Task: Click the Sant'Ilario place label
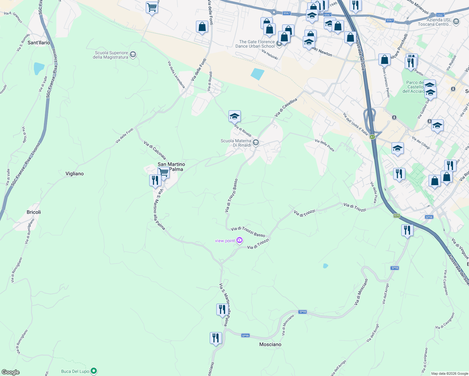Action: tap(39, 43)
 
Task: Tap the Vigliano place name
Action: tap(75, 174)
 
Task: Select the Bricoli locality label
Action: tap(34, 212)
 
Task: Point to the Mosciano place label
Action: tap(270, 344)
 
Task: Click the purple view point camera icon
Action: tap(240, 240)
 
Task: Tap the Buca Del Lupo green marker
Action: tap(94, 371)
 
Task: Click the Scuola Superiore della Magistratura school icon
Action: tap(133, 55)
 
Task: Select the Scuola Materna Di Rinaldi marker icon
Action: tap(256, 143)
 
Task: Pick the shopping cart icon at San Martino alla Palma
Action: tap(163, 172)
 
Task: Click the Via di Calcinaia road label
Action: tap(155, 150)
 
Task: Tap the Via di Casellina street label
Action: tap(286, 107)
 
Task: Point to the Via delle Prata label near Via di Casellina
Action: tap(324, 145)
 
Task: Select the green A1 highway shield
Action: tap(372, 137)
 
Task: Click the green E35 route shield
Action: tap(397, 216)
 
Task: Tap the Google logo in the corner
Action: tap(11, 372)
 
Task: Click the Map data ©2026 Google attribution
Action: tap(450, 373)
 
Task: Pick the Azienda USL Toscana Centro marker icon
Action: tap(456, 22)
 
